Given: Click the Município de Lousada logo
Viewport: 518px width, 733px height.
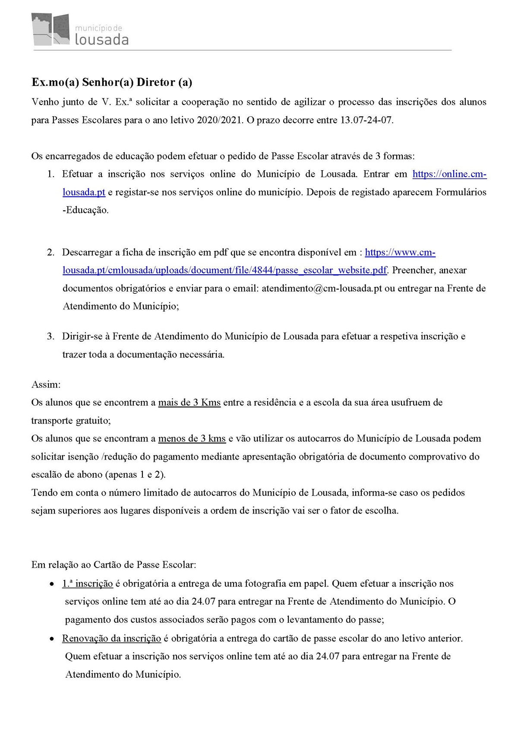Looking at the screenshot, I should click(x=80, y=29).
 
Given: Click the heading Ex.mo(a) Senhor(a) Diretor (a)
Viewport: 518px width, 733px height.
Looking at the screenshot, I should click(x=112, y=82).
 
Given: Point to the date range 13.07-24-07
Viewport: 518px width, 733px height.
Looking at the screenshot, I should click(x=367, y=120).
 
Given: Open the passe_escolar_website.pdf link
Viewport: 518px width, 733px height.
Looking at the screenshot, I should click(x=224, y=270).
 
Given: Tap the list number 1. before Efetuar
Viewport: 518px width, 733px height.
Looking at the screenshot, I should click(x=51, y=174).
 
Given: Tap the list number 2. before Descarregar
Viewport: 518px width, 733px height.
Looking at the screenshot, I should click(x=51, y=252).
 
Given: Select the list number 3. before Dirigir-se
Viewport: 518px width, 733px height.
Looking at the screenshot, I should click(x=51, y=336).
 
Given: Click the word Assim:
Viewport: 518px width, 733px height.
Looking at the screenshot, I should click(x=46, y=384).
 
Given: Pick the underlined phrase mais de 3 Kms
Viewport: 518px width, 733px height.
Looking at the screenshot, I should click(x=189, y=403).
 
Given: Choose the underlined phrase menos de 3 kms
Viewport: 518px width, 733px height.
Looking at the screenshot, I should click(x=192, y=438).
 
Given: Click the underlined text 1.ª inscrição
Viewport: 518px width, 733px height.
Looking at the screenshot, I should click(x=88, y=584).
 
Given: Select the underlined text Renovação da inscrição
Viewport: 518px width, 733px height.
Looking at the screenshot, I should click(x=111, y=638).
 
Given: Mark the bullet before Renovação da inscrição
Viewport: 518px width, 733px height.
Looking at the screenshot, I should click(x=52, y=639).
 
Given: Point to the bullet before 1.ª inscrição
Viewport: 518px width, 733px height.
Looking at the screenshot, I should click(x=52, y=584).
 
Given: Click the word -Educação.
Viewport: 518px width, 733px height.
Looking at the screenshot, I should click(x=86, y=210).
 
